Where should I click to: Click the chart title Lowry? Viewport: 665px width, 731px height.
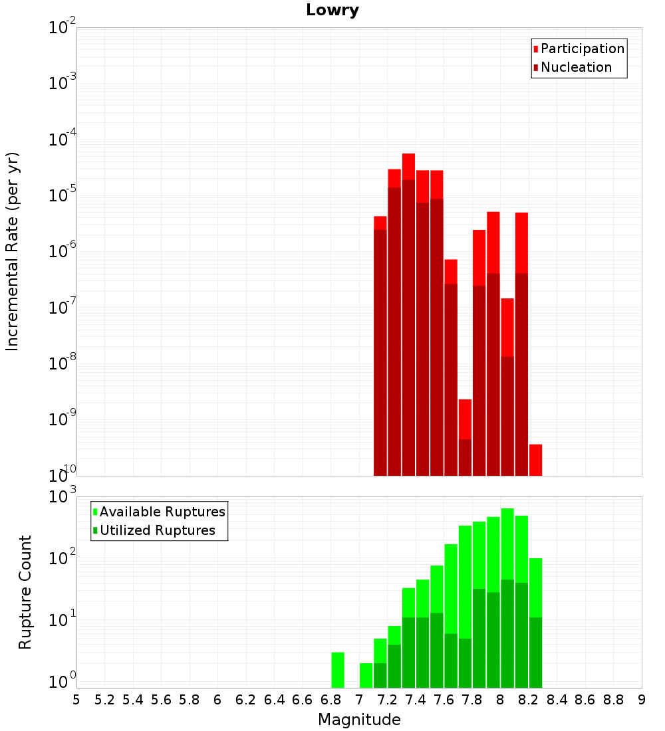tap(332, 10)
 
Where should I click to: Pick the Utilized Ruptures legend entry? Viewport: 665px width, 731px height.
tap(157, 530)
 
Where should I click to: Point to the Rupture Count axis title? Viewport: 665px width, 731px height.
tap(25, 592)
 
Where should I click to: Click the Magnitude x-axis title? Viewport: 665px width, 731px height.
tap(359, 719)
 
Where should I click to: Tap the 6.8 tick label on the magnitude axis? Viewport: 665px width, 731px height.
tap(331, 700)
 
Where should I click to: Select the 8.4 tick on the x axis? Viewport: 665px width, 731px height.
tap(557, 700)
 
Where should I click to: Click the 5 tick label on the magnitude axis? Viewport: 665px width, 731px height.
tap(76, 700)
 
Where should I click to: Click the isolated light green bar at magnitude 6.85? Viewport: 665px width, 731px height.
tap(338, 670)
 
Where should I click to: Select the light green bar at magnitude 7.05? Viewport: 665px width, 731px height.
tap(366, 675)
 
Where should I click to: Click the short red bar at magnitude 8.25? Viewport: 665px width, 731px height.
tap(535, 460)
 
